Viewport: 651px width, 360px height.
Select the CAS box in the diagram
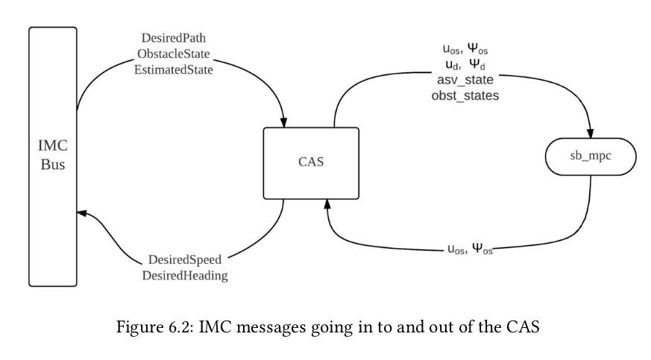coord(311,161)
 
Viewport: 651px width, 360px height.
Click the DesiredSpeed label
coord(184,261)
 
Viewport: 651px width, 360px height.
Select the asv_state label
coord(465,80)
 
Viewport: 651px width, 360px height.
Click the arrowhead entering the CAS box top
coord(285,121)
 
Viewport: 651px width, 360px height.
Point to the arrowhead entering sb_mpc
coord(590,132)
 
